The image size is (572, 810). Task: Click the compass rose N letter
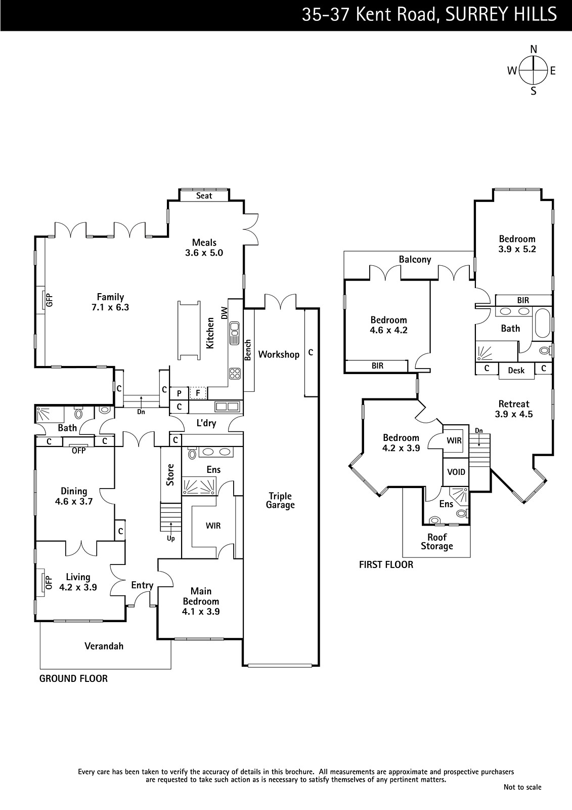point(534,49)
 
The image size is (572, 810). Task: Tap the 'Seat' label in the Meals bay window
point(204,195)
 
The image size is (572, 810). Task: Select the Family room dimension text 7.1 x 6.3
point(110,307)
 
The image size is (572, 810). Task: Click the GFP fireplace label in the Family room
point(49,300)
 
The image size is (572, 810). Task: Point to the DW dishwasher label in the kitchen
point(225,313)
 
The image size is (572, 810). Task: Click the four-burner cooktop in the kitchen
point(235,374)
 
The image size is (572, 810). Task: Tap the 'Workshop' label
point(279,355)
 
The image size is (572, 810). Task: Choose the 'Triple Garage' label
point(280,501)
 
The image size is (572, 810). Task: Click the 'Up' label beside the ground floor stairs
point(171,539)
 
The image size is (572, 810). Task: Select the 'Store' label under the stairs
point(170,475)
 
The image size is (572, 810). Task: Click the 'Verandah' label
point(104,646)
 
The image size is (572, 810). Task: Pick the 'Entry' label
point(142,585)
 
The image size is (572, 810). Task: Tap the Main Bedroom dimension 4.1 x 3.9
point(201,612)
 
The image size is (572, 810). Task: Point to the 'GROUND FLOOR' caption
point(73,679)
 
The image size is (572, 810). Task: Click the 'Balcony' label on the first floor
point(415,260)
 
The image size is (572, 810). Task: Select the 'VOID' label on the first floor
point(456,472)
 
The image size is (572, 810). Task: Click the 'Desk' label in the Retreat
point(516,370)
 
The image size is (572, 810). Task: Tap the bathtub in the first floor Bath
point(542,322)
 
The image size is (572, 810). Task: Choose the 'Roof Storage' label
point(437,542)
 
